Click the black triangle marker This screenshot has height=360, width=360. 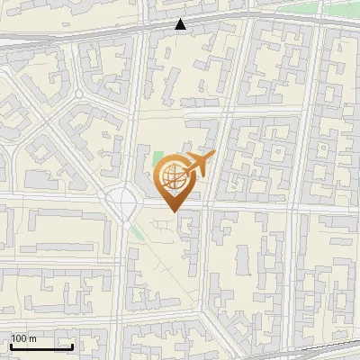point(181,24)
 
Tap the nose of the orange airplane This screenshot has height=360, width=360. point(213,157)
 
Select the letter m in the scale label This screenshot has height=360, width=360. point(32,339)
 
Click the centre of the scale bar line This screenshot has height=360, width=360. point(41,347)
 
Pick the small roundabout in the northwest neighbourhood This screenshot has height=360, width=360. point(78,94)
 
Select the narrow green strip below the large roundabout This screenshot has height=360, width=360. point(135,231)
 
